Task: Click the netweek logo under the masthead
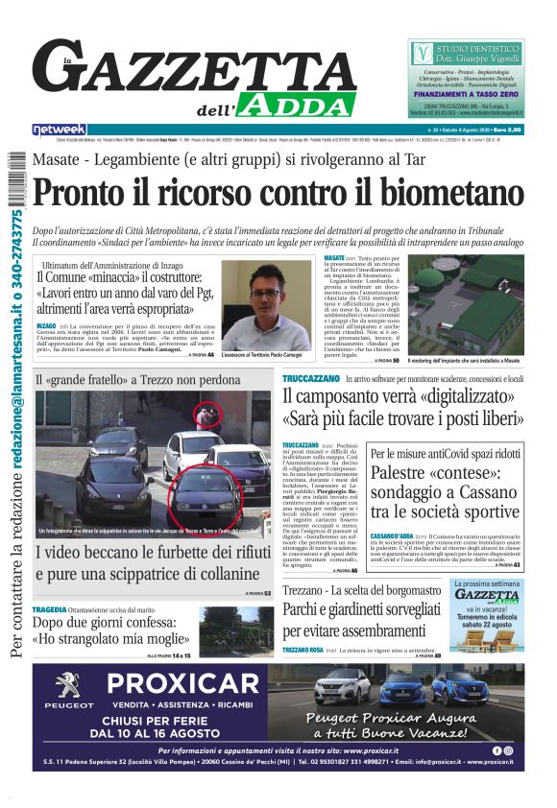click(59, 130)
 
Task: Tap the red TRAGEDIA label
click(49, 609)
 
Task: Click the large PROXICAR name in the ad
click(195, 684)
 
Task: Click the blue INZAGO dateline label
click(45, 327)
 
